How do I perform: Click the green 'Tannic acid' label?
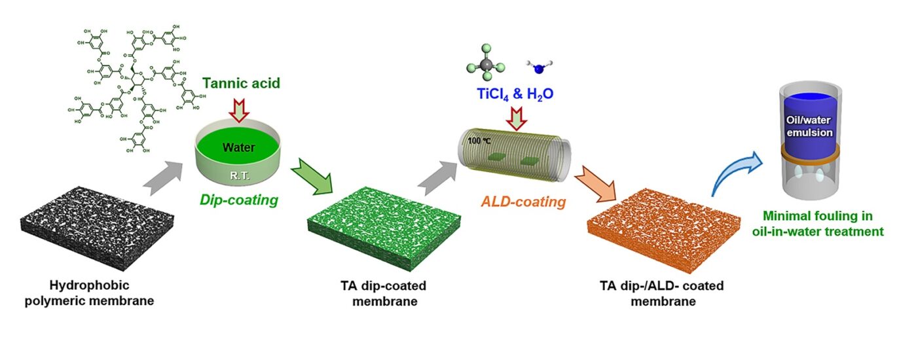coord(242,84)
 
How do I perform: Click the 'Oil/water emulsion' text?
coord(811,126)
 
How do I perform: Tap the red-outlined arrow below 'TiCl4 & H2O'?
coord(515,118)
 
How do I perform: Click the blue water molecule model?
coord(536,66)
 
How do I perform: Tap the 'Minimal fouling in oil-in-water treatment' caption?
coord(823,225)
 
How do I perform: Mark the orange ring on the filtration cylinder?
coord(811,156)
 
